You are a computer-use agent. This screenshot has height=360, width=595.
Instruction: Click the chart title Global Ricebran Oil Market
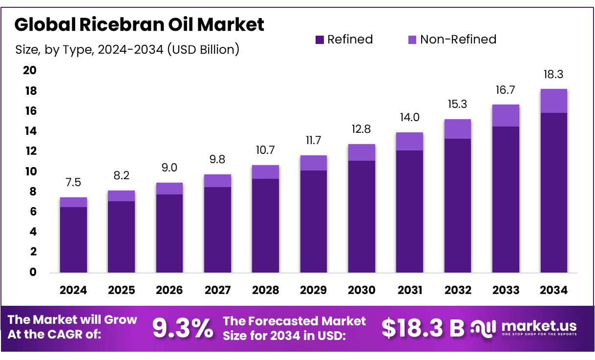[x=139, y=24]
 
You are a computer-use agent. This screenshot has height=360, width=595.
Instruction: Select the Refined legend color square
[x=319, y=40]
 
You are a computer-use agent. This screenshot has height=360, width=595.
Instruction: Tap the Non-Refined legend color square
[x=412, y=40]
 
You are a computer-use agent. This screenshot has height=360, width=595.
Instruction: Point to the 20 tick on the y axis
[x=30, y=70]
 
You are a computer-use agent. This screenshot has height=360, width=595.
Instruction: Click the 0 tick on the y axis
[x=33, y=272]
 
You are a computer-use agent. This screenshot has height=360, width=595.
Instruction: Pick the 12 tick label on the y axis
[x=30, y=151]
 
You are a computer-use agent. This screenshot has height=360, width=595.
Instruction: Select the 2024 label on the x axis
[x=73, y=290]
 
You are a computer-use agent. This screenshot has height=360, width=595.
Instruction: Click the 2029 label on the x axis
[x=313, y=290]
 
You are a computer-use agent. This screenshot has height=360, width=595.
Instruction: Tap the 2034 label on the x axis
[x=553, y=290]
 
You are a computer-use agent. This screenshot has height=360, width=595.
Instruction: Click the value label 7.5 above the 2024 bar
[x=73, y=183]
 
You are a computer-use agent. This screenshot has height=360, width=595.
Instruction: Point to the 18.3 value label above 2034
[x=553, y=74]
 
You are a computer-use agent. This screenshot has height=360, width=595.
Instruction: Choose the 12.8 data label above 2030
[x=361, y=129]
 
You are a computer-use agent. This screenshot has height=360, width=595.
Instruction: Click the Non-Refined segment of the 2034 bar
[x=553, y=101]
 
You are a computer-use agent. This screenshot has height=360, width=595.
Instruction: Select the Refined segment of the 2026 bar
[x=170, y=233]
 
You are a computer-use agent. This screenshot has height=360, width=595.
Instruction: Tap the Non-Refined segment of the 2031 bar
[x=409, y=141]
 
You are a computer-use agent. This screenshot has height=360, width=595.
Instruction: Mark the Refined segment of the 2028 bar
[x=265, y=226]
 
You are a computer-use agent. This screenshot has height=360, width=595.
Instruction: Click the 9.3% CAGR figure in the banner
[x=183, y=328]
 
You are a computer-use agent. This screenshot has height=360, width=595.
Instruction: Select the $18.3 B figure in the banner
[x=423, y=328]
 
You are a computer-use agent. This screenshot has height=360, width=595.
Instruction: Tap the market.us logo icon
[x=483, y=327]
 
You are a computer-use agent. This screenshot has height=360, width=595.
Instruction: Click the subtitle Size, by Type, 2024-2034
[x=127, y=49]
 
